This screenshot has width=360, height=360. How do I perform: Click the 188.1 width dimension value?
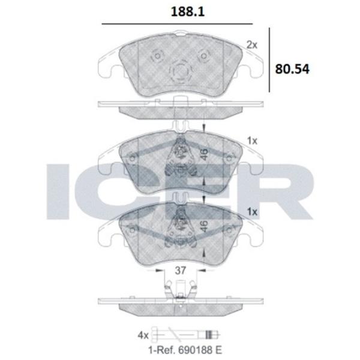coord(188,12)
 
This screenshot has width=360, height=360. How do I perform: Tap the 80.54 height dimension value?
coord(292,69)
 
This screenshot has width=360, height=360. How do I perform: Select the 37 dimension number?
coord(180,271)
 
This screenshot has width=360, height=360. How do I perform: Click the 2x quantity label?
coord(252,45)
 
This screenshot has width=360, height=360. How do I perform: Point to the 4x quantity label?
coord(143,335)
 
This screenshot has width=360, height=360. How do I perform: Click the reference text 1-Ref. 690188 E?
coord(185,350)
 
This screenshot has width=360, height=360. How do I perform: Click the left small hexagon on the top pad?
coord(157,56)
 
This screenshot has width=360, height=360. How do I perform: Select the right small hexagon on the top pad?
coord(203,56)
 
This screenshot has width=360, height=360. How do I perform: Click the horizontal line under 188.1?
coord(177,24)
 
